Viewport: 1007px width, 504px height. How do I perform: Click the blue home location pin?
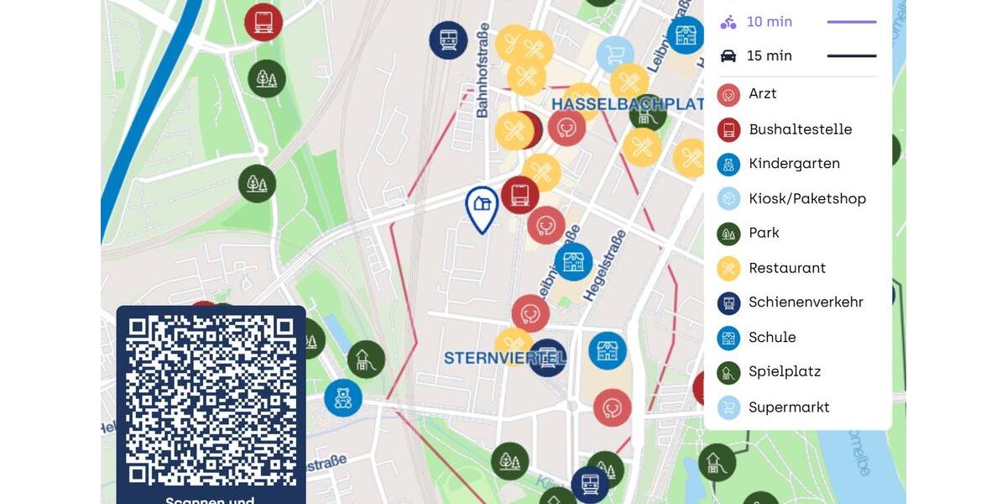coord(482,207)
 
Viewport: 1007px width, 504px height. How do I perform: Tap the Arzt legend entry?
coord(762,94)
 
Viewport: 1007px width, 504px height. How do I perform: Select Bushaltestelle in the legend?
coord(800,129)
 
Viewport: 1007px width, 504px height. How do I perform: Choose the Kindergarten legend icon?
coord(728,164)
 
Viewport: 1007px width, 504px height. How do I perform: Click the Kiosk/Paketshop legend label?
coord(807,199)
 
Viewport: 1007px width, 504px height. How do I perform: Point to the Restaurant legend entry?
coord(787,268)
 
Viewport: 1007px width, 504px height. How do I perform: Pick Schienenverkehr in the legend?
coord(806,302)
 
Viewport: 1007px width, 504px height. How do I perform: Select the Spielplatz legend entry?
coord(785,371)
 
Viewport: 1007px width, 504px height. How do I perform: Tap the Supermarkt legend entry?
coord(789,407)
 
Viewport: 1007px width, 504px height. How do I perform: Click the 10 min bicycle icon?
coord(728,23)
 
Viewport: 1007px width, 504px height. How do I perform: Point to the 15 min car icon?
coord(728,56)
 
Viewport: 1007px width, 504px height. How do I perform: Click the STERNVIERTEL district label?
coord(503,359)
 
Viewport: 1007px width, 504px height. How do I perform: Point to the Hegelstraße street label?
coord(604,265)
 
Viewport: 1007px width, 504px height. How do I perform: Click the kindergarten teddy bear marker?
coord(343,397)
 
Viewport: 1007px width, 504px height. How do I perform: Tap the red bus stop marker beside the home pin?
coord(519,195)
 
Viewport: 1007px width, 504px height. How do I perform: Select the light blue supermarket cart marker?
coord(615,54)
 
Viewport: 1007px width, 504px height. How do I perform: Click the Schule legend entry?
coord(772,338)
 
